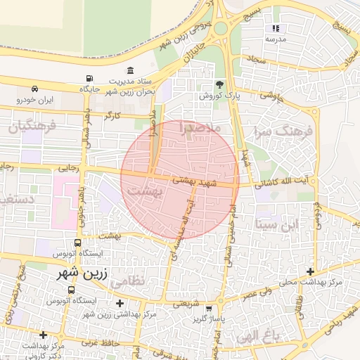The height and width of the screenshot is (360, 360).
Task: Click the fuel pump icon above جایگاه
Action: pos(89,79)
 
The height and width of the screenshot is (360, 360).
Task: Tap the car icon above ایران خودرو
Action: pos(35,89)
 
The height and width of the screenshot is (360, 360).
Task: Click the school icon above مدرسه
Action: pos(276,29)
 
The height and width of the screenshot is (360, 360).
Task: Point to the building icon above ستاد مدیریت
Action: pos(131,70)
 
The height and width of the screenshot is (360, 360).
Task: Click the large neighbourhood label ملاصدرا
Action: pos(201,129)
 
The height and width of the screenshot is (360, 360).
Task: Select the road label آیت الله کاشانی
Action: pos(282,181)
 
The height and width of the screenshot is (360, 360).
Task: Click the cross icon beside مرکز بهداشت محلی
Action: pos(310,271)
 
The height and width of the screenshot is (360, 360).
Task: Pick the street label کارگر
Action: pos(112,114)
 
